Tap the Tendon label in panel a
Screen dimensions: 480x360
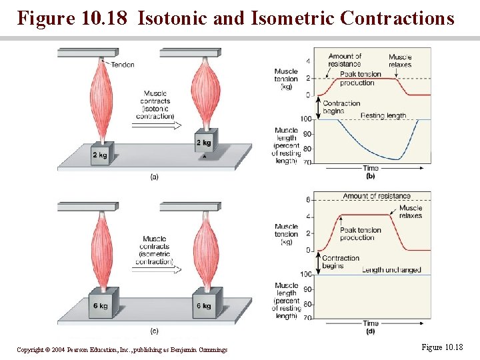coord(123,65)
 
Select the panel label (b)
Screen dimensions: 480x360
coord(371,176)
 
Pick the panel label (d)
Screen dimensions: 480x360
coord(371,331)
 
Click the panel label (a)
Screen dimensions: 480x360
coord(154,177)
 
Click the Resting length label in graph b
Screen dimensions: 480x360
coord(383,115)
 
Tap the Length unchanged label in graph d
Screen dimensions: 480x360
coord(391,270)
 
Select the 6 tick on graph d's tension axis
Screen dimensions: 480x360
coord(308,200)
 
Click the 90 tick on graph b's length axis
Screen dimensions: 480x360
coord(306,134)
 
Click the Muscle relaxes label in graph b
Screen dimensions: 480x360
coord(400,61)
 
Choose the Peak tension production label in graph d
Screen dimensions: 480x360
coord(361,234)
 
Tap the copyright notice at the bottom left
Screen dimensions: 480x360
coord(122,349)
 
